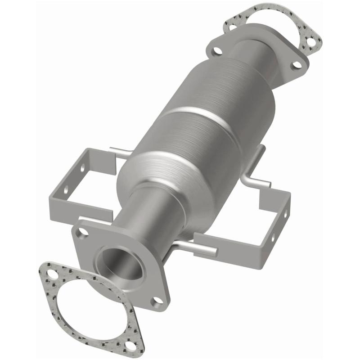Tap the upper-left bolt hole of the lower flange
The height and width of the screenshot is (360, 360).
tap(82, 232)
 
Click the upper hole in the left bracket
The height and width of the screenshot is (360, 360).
tap(82, 167)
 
